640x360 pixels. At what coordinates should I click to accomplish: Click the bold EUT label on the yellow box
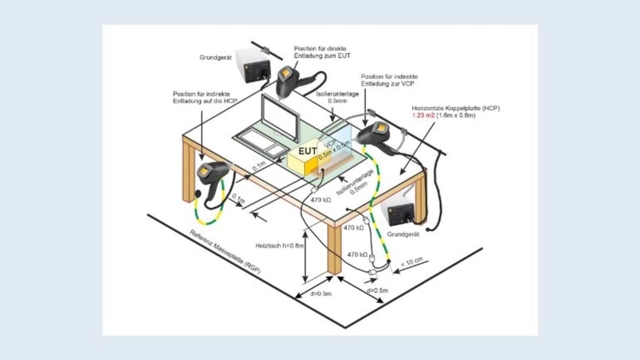point(308,151)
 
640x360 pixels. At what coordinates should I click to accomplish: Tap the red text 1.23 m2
point(423,116)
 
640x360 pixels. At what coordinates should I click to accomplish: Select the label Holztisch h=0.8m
point(280,246)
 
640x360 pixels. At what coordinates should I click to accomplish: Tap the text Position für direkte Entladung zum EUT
point(322,52)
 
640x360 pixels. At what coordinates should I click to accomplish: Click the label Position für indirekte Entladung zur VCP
point(389,80)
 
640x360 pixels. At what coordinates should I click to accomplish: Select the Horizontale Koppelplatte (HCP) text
point(456,108)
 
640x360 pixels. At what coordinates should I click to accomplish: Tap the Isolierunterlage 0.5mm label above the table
point(337,97)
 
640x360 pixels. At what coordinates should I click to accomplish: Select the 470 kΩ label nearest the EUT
point(321,200)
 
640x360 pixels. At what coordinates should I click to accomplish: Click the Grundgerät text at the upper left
point(215,58)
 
